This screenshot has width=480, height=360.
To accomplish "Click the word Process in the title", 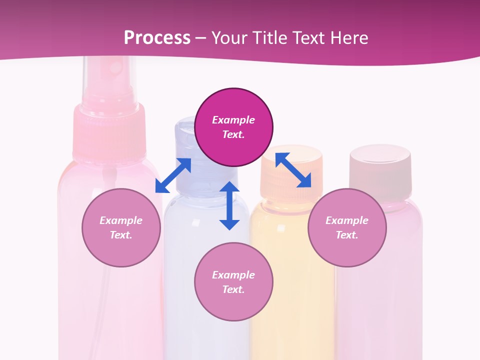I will point(157,38).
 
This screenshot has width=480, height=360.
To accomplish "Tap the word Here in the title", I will point(347,38).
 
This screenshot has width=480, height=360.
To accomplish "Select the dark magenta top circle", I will point(233,127).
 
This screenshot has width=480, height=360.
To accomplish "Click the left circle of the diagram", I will point(121,227).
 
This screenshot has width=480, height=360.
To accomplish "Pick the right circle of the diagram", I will point(347,227).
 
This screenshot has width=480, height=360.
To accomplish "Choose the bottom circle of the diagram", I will point(233,282).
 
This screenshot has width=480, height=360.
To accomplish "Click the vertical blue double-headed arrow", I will point(229,205).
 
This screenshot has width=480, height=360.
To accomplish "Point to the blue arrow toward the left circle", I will point(173,175).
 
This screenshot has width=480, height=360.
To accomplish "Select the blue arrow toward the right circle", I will point(293,170).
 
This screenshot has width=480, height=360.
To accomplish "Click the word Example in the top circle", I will point(233,120).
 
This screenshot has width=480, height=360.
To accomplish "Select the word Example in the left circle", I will point(121,220).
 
